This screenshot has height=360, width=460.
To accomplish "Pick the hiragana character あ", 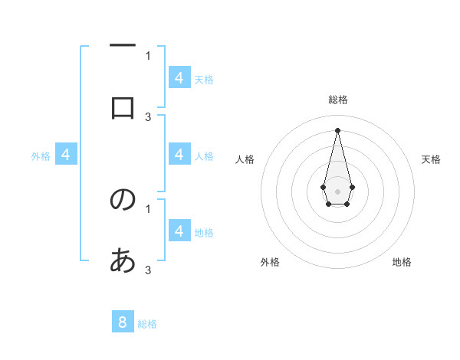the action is (123, 261).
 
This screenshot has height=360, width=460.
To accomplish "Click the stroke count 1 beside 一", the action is (148, 55).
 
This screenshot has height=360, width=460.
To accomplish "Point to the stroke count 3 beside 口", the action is (148, 116).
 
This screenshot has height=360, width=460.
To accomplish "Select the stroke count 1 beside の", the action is (148, 208).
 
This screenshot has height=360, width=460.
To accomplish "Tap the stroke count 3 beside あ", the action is (148, 270).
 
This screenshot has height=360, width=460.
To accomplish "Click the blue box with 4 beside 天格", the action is (179, 77).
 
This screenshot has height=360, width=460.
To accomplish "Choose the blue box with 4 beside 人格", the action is (179, 155).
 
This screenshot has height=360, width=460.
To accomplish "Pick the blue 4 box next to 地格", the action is (179, 231).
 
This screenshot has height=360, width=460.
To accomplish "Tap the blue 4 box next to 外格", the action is (66, 155).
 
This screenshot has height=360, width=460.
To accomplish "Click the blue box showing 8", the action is (123, 322).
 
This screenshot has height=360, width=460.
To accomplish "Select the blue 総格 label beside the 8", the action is (147, 324).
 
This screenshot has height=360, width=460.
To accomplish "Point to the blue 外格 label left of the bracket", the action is (41, 156).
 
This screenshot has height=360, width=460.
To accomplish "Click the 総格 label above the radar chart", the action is (337, 100).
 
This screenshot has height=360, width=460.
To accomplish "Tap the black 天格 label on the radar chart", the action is (431, 159).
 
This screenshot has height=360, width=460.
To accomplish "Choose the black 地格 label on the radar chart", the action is (402, 262).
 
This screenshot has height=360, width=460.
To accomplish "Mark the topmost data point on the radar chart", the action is (337, 129).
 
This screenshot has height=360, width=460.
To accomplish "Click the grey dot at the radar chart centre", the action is (337, 190).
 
